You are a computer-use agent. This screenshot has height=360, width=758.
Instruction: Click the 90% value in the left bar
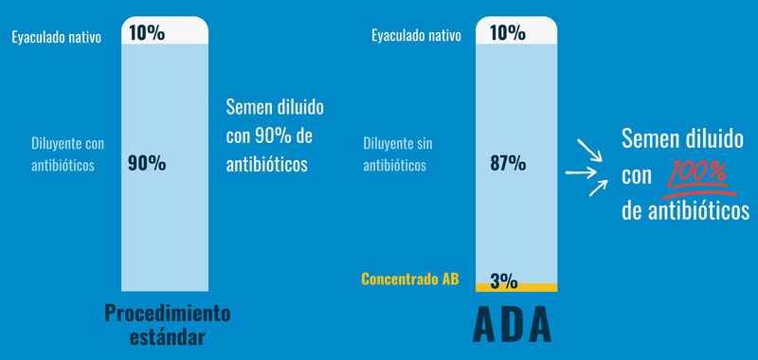click(147, 163)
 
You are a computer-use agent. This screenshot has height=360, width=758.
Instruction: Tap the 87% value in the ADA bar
click(508, 163)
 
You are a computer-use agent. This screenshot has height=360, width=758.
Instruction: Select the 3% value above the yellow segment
click(503, 279)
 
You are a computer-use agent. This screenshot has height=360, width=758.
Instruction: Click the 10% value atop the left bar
click(147, 33)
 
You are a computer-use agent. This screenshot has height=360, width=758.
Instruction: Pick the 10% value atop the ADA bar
click(508, 33)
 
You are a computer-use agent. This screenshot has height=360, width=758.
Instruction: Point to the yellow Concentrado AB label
click(410, 279)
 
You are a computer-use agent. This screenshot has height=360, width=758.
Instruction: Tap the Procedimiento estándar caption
click(168, 324)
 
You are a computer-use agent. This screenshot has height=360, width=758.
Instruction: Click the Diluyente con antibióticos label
click(68, 154)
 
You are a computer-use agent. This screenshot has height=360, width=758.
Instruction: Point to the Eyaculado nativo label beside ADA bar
click(417, 37)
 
